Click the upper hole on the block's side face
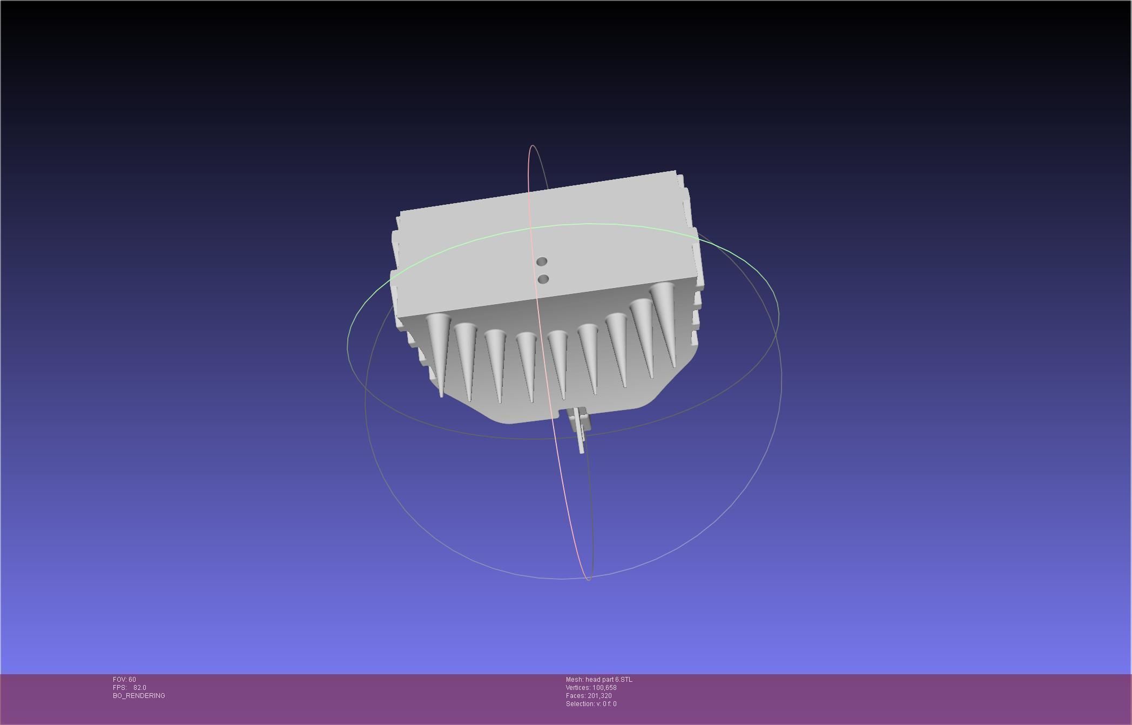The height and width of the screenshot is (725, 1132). tap(542, 261)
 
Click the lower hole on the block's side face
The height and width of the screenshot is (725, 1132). tap(544, 279)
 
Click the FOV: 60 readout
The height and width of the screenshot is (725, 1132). tap(124, 680)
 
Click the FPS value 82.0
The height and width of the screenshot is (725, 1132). tap(139, 688)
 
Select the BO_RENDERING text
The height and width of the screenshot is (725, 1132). tap(139, 696)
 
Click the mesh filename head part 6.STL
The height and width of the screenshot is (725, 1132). tap(599, 680)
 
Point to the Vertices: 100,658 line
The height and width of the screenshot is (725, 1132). tap(591, 688)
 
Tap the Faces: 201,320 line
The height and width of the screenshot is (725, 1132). tap(589, 696)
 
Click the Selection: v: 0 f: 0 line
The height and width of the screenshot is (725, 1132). tap(591, 704)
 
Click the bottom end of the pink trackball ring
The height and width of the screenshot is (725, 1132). tap(588, 580)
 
